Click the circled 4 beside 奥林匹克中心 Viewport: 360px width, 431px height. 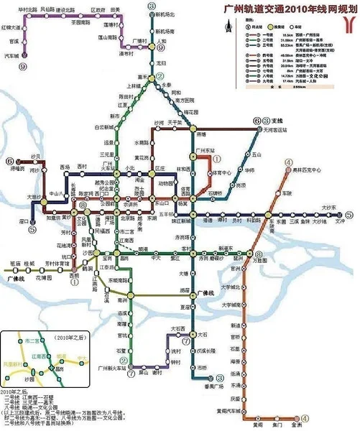[x=288, y=162]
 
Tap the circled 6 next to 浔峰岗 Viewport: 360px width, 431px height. [x=10, y=161]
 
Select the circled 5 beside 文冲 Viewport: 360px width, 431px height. [x=349, y=213]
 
